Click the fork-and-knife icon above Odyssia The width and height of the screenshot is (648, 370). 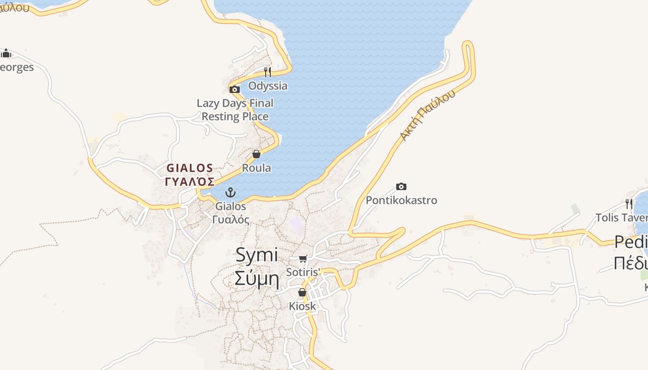click(268, 72)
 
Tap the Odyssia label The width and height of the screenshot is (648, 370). click(268, 86)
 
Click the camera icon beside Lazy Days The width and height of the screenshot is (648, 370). click(235, 89)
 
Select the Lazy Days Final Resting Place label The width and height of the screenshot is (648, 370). click(235, 110)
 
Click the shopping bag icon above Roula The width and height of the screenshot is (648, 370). click(256, 154)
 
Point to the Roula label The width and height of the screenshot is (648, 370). click(256, 168)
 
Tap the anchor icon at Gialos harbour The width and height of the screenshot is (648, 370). click(231, 192)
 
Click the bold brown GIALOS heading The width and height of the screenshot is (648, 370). click(190, 168)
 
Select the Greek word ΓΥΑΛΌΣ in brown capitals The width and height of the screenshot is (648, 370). click(190, 181)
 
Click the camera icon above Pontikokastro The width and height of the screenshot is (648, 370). click(401, 187)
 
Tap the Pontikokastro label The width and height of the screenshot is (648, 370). click(401, 200)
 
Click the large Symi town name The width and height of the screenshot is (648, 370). click(256, 255)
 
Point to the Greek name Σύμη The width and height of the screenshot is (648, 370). click(256, 278)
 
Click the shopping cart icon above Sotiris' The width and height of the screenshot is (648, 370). click(303, 259)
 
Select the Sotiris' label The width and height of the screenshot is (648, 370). click(303, 272)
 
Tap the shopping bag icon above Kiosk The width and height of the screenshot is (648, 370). click(302, 292)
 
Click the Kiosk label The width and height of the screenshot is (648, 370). click(302, 306)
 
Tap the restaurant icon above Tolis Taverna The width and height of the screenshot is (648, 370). click(629, 203)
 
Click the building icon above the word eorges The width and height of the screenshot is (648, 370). click(6, 54)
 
